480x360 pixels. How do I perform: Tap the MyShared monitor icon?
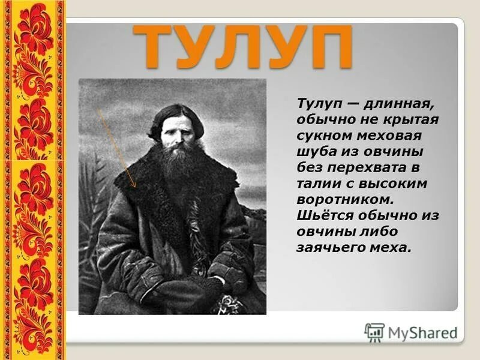pyautogui.click(x=374, y=332)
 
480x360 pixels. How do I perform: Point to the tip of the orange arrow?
pyautogui.click(x=136, y=187)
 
